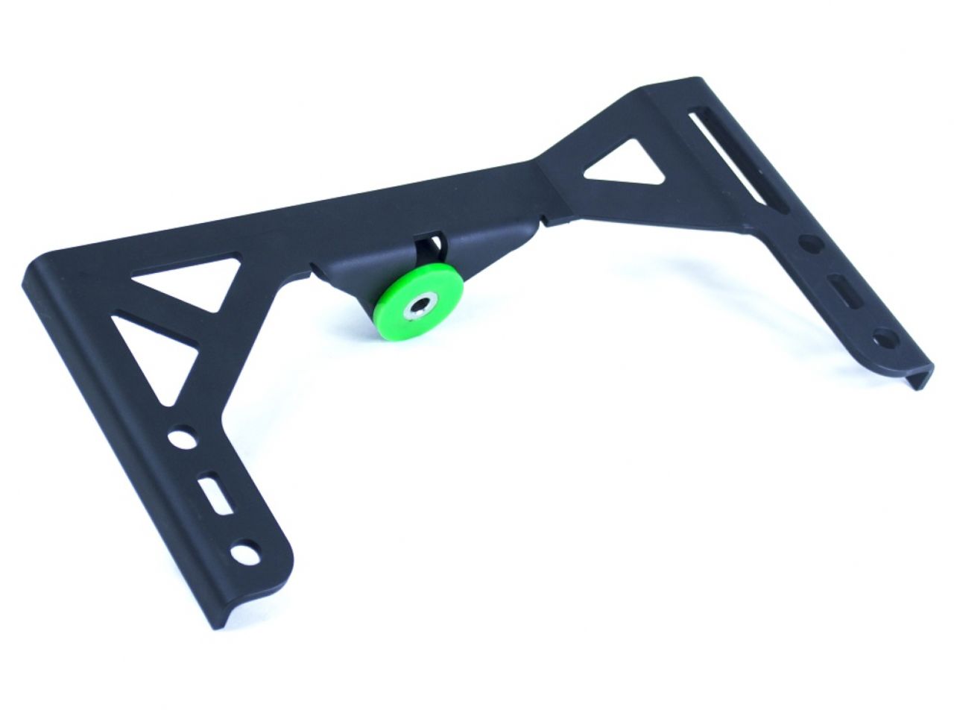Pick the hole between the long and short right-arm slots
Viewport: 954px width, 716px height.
tap(808, 245)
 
